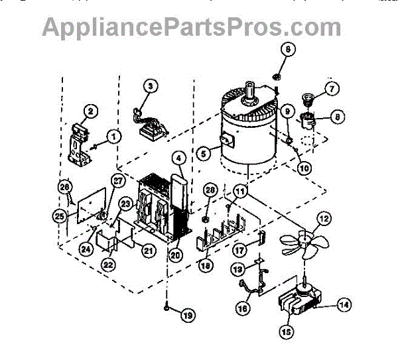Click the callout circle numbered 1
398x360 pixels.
(x=113, y=137)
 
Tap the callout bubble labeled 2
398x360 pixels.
(x=92, y=111)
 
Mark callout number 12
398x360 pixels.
(x=323, y=217)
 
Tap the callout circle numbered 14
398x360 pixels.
(x=344, y=306)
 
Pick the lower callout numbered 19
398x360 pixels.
(x=188, y=316)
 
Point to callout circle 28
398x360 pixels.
(x=210, y=191)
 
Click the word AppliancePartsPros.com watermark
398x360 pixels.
(x=192, y=26)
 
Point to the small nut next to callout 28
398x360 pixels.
(x=206, y=219)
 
